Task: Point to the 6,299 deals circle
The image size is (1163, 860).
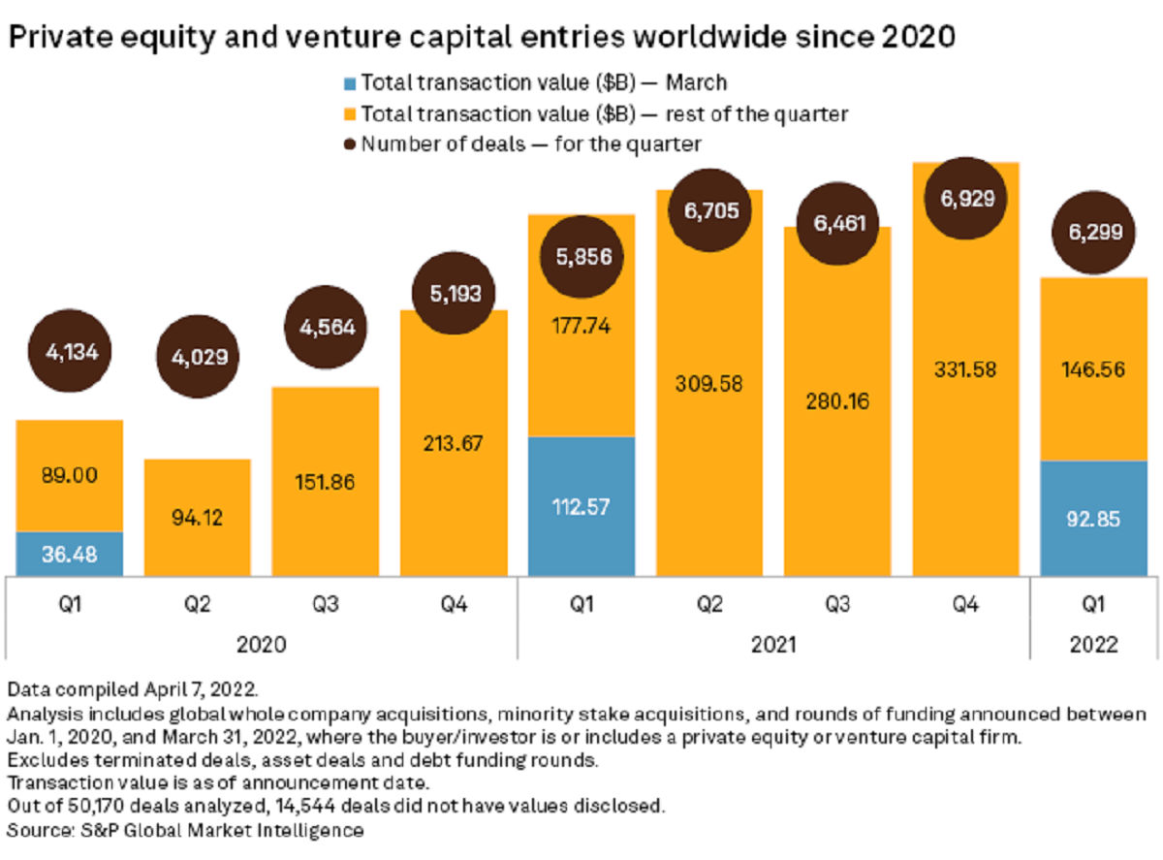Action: point(1093,232)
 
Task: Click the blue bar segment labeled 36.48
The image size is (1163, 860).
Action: point(69,554)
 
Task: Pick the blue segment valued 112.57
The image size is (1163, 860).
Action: point(581,506)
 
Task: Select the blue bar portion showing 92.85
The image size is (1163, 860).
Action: point(1093,518)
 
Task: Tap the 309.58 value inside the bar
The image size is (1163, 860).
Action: point(709,383)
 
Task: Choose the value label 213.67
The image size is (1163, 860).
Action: point(454,442)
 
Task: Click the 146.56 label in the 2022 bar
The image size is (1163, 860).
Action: point(1093,369)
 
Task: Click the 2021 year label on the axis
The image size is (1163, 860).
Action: point(772,643)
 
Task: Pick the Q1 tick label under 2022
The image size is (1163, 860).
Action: point(1093,606)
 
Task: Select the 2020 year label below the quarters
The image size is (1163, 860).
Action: point(262,643)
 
